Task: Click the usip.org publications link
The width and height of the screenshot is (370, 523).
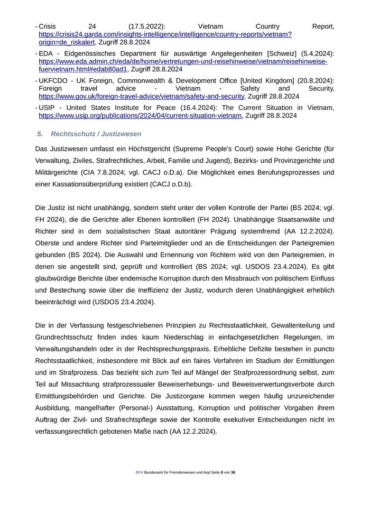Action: coord(140,116)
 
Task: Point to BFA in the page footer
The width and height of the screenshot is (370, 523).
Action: coord(139,472)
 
